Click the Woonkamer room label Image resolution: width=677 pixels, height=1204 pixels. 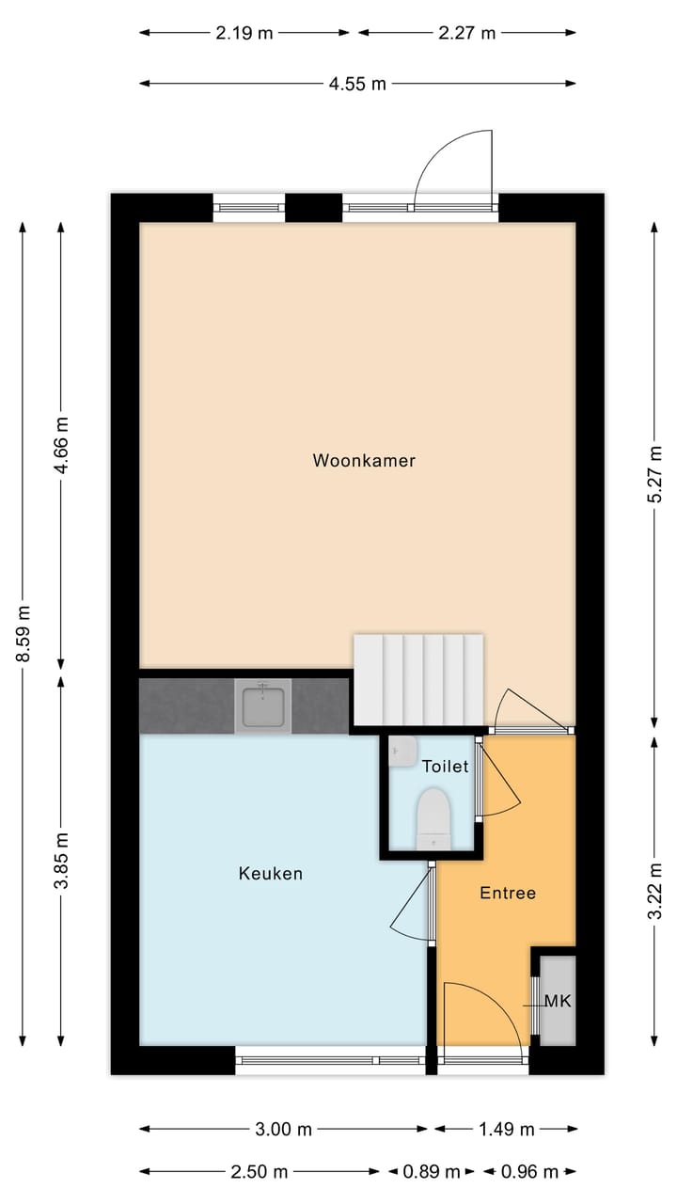[x=364, y=461]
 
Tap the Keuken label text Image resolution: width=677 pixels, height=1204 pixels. [x=271, y=874]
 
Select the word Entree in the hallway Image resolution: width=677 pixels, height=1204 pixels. [x=508, y=893]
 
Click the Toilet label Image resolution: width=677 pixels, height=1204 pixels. [x=445, y=767]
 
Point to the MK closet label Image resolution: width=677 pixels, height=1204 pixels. [x=558, y=1001]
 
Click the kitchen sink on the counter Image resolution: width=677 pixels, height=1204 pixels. [x=263, y=705]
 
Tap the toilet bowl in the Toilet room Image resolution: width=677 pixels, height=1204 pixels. [x=433, y=815]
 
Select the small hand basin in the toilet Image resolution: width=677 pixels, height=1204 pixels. [x=402, y=752]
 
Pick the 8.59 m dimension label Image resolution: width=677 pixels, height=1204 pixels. [x=24, y=633]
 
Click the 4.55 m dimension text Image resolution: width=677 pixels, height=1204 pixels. [x=357, y=84]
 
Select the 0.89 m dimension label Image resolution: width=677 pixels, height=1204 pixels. [x=432, y=1172]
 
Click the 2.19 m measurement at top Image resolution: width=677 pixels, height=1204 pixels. [x=244, y=33]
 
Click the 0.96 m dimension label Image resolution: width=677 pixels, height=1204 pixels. [x=529, y=1172]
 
